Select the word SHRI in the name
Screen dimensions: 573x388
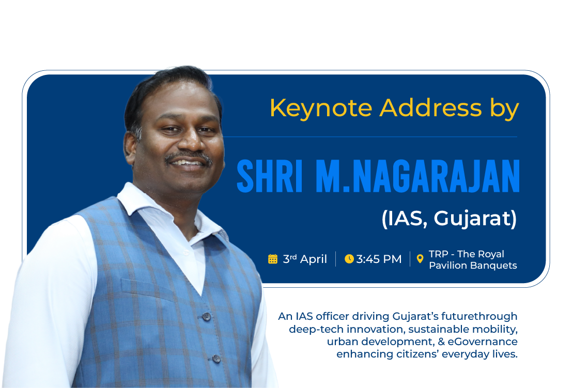click(x=270, y=176)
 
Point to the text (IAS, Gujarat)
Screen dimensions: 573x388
click(x=449, y=219)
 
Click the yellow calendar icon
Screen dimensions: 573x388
click(x=273, y=259)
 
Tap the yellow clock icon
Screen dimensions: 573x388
click(x=349, y=259)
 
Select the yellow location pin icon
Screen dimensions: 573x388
click(x=420, y=259)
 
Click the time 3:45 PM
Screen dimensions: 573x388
click(x=379, y=259)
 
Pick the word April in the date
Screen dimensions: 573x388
click(x=313, y=259)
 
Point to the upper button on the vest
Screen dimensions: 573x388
click(x=207, y=316)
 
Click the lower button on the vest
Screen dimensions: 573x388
click(x=216, y=359)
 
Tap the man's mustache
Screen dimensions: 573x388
click(x=189, y=157)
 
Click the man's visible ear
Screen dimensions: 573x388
click(x=130, y=147)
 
